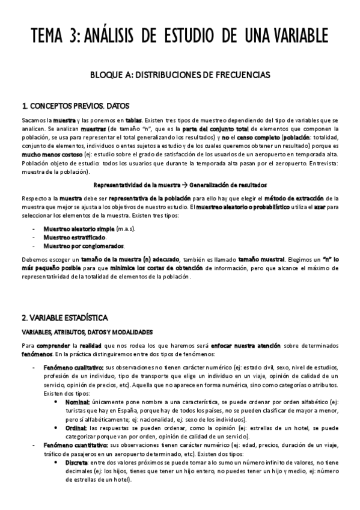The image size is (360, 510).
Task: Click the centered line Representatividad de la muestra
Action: pos(180,185)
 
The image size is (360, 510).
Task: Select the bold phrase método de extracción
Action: pos(296,197)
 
